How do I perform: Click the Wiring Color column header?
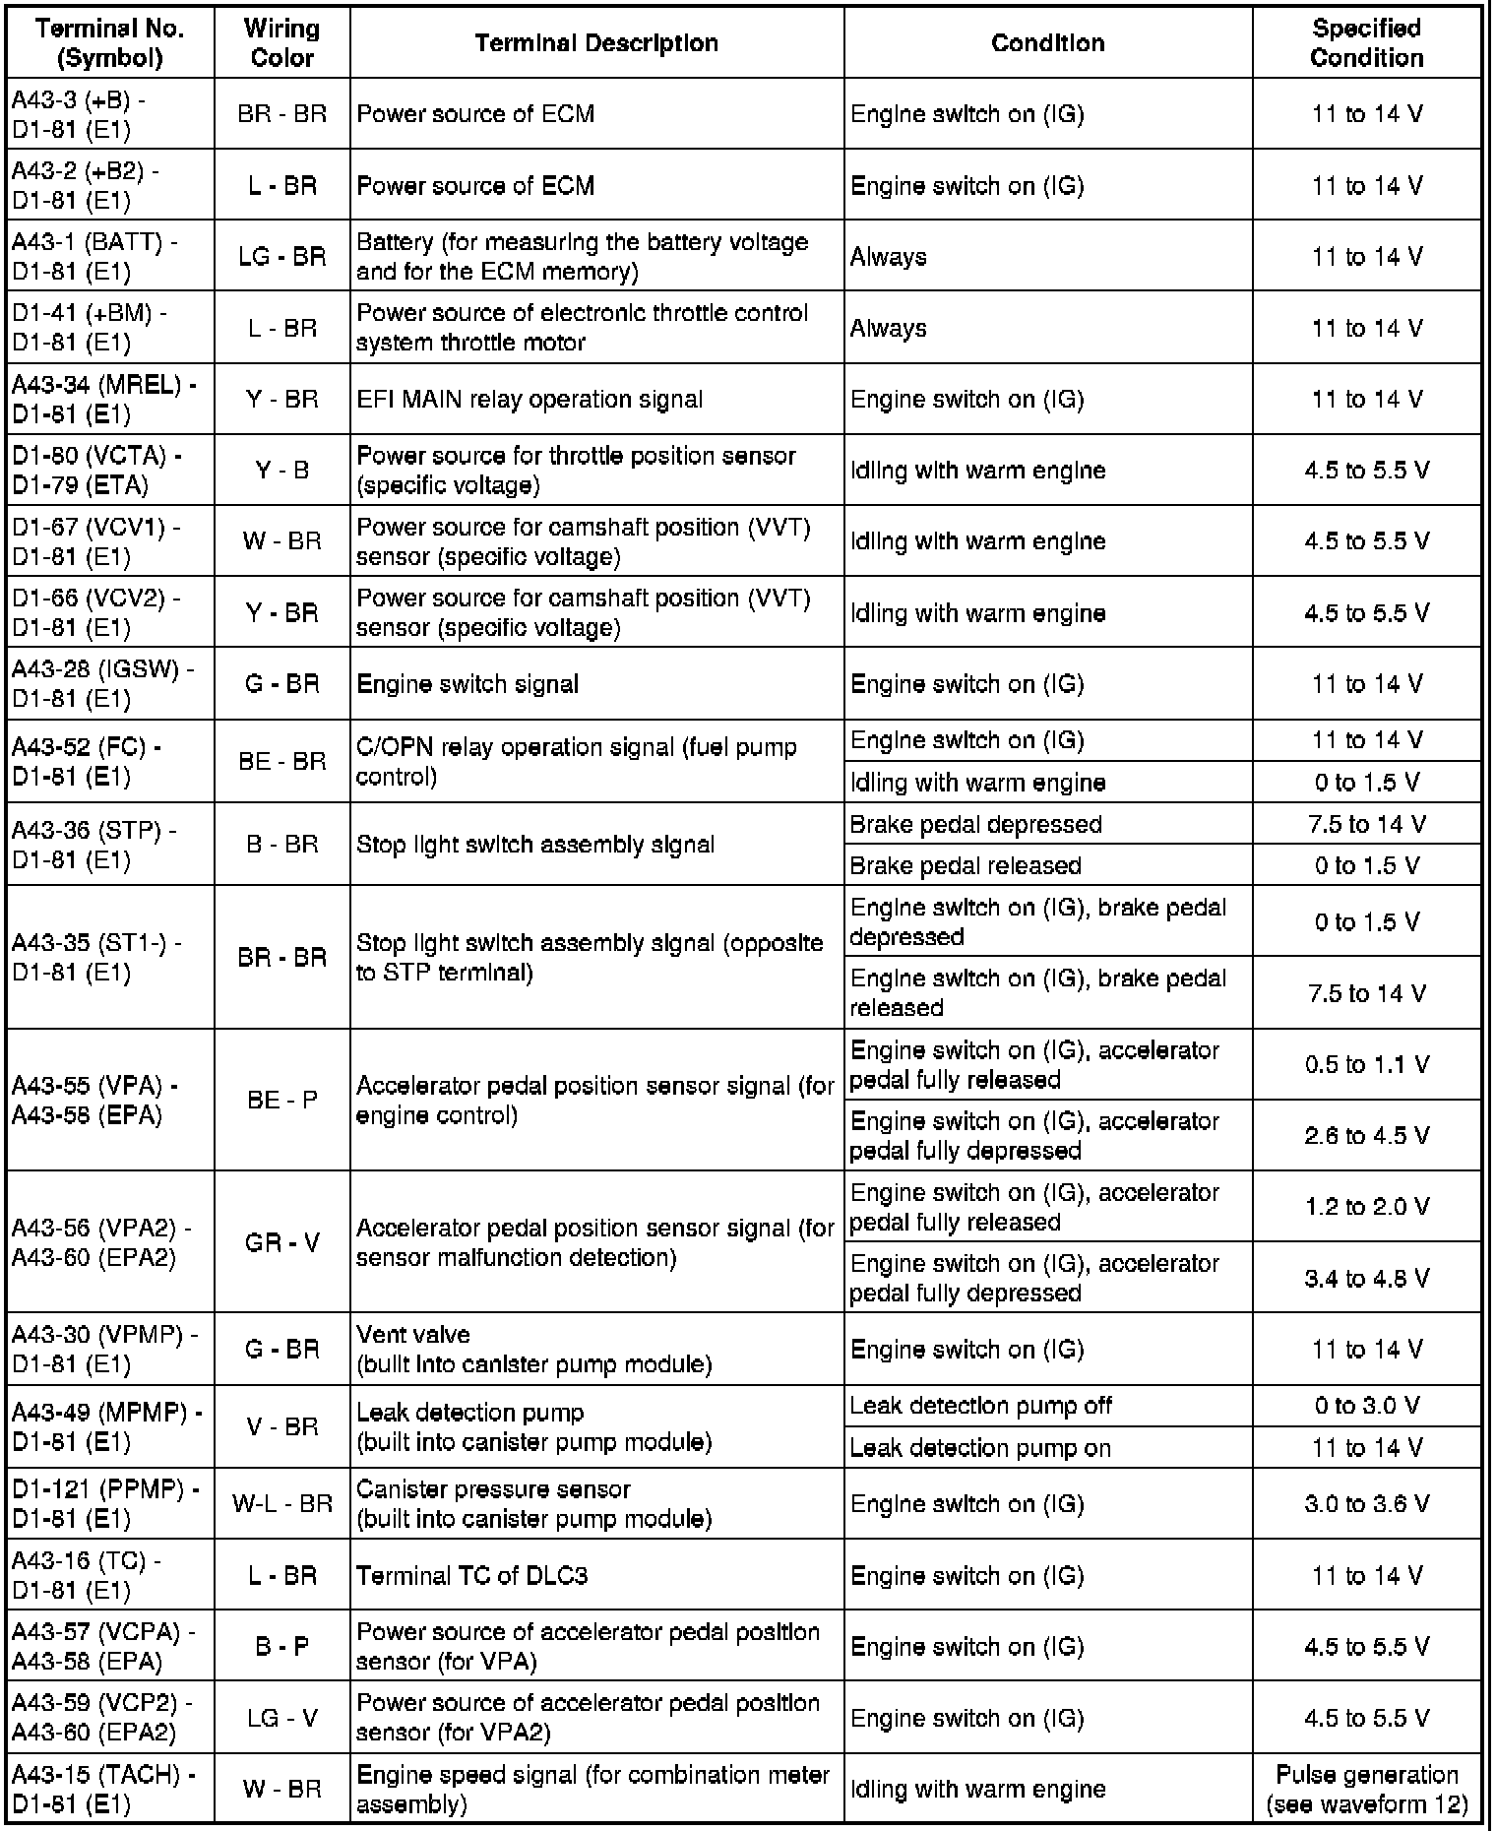pos(282,43)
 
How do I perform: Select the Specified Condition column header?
pos(1366,43)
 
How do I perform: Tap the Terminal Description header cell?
pos(596,43)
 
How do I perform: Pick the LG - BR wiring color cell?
pos(282,256)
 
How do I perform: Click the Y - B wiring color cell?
pos(282,471)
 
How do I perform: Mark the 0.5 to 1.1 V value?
pos(1366,1064)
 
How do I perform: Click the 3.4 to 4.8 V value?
pos(1366,1278)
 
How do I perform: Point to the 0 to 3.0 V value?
pos(1366,1405)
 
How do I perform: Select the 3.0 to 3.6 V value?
pos(1366,1503)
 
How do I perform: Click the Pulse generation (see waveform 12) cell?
pos(1366,1789)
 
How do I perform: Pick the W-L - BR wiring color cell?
pos(282,1503)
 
